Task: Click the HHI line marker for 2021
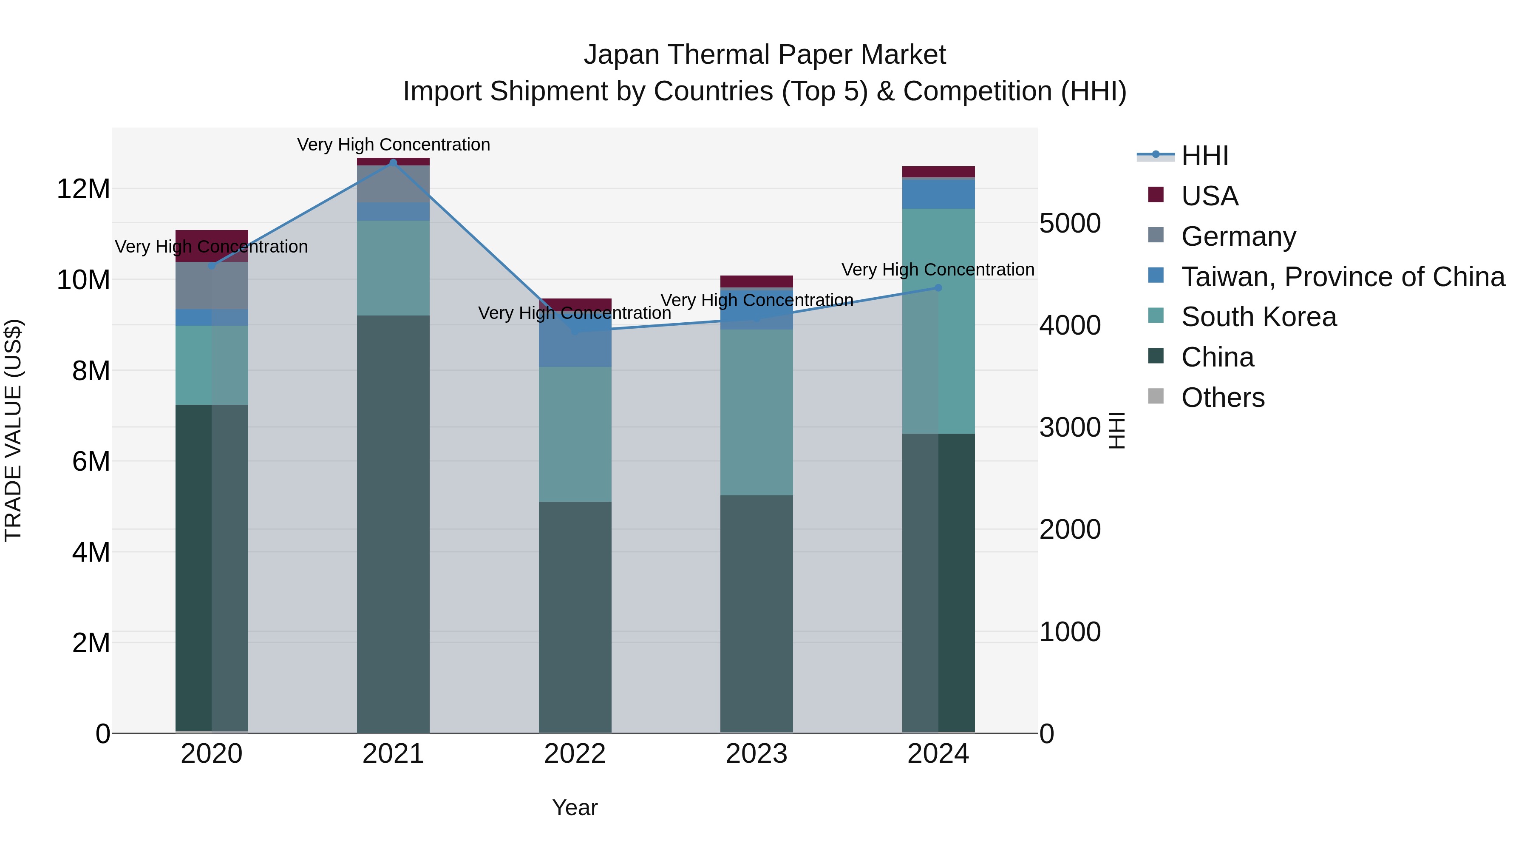point(393,162)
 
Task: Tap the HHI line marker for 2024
point(938,287)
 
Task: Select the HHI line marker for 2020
point(212,266)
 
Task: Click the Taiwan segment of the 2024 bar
point(938,194)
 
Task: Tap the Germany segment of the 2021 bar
point(393,184)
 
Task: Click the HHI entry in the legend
point(1204,156)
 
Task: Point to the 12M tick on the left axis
point(83,189)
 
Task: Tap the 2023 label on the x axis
point(756,754)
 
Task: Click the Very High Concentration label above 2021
point(393,145)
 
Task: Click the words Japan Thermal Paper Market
point(765,55)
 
